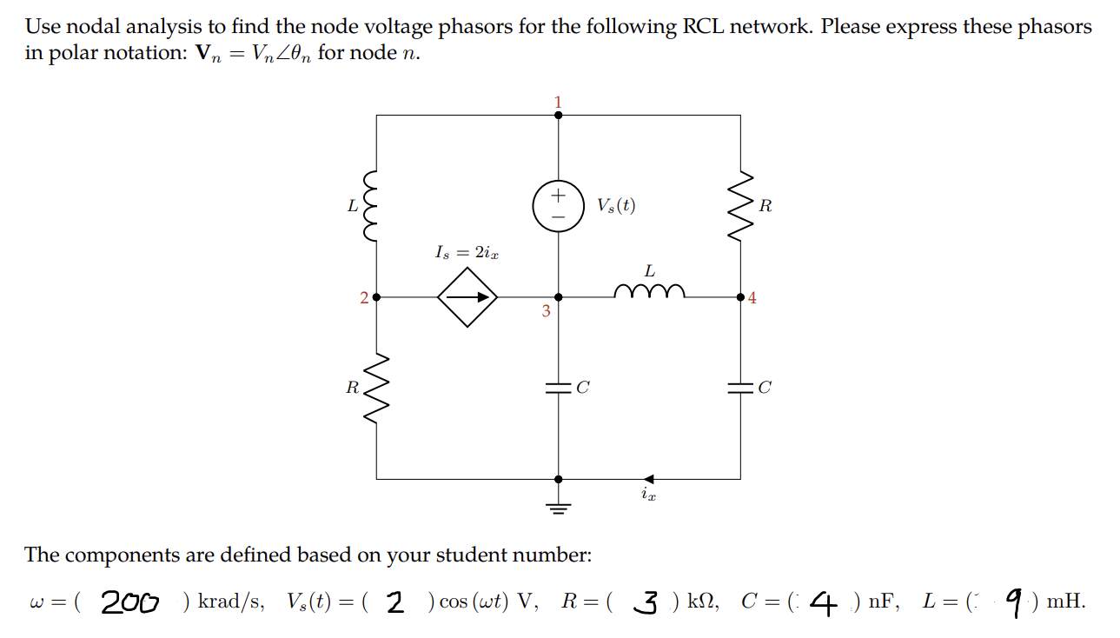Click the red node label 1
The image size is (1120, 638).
pyautogui.click(x=558, y=102)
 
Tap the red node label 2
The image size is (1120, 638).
pyautogui.click(x=364, y=298)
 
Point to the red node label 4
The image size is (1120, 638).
pyautogui.click(x=752, y=298)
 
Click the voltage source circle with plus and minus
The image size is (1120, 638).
pyautogui.click(x=558, y=205)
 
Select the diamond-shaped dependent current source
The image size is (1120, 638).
pyautogui.click(x=467, y=297)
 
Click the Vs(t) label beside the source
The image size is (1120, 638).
pyautogui.click(x=616, y=206)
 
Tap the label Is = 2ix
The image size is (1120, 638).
pyautogui.click(x=467, y=252)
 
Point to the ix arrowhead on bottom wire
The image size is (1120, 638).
pyautogui.click(x=649, y=478)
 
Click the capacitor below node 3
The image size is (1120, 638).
pyautogui.click(x=558, y=388)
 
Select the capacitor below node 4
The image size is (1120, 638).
pyautogui.click(x=739, y=388)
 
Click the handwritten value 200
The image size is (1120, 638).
pyautogui.click(x=129, y=601)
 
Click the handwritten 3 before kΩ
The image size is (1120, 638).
pyautogui.click(x=646, y=601)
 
